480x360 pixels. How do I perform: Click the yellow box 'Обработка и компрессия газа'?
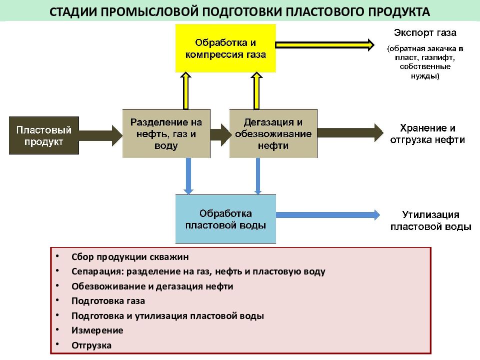pyautogui.click(x=225, y=48)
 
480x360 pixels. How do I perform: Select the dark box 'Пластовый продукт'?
pyautogui.click(x=44, y=135)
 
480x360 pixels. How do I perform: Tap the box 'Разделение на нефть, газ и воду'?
pyautogui.click(x=166, y=133)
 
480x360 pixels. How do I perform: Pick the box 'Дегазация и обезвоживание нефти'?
pyautogui.click(x=273, y=133)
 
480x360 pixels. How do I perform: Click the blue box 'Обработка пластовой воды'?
pyautogui.click(x=225, y=219)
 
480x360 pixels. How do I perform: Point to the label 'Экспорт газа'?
pyautogui.click(x=425, y=33)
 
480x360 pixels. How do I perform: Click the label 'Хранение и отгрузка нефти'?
pyautogui.click(x=427, y=134)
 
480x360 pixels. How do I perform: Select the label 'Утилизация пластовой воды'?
pyautogui.click(x=430, y=220)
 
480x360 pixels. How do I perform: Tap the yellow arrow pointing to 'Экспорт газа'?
pyautogui.click(x=325, y=45)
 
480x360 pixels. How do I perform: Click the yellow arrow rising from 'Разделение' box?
pyautogui.click(x=186, y=91)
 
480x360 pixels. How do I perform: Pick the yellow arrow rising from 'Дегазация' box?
pyautogui.click(x=256, y=91)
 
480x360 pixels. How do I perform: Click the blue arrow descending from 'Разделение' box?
pyautogui.click(x=188, y=176)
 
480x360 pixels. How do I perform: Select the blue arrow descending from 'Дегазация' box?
pyautogui.click(x=258, y=176)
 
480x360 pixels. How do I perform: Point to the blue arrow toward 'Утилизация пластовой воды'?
pyautogui.click(x=328, y=215)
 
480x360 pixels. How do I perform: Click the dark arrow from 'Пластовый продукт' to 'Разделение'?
pyautogui.click(x=100, y=135)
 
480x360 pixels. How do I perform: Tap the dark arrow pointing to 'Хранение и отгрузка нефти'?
pyautogui.click(x=350, y=133)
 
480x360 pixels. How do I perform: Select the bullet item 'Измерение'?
pyautogui.click(x=97, y=330)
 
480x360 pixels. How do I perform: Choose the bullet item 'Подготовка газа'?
pyautogui.click(x=108, y=301)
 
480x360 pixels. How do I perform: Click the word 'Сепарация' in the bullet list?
pyautogui.click(x=97, y=271)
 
